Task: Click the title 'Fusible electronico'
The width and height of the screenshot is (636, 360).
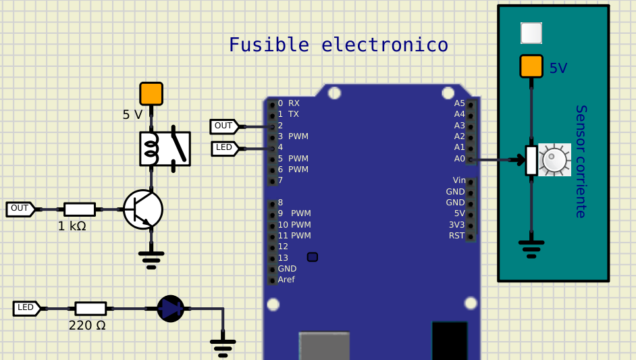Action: pyautogui.click(x=338, y=45)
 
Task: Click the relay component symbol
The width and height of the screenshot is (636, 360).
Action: pyautogui.click(x=165, y=149)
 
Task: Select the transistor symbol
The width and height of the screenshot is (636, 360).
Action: pyautogui.click(x=143, y=209)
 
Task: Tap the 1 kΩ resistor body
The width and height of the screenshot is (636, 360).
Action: pyautogui.click(x=80, y=209)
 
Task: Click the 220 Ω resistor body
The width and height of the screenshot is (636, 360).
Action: pyautogui.click(x=90, y=309)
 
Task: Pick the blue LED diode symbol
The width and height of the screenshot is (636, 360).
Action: pyautogui.click(x=171, y=309)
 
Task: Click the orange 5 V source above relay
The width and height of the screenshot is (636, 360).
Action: pyautogui.click(x=151, y=94)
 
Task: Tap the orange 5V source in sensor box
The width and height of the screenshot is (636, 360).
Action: pyautogui.click(x=531, y=66)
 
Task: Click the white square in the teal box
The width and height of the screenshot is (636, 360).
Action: pyautogui.click(x=531, y=32)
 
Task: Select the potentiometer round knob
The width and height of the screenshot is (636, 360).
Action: pyautogui.click(x=554, y=160)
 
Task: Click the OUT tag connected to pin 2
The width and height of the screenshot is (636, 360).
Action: pyautogui.click(x=223, y=126)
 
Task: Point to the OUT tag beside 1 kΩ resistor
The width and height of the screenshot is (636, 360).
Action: pyautogui.click(x=20, y=209)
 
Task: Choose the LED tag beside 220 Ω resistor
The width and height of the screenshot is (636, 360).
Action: pyautogui.click(x=26, y=308)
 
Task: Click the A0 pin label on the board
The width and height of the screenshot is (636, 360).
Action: pyautogui.click(x=460, y=159)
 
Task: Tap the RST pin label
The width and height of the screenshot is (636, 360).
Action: pyautogui.click(x=457, y=236)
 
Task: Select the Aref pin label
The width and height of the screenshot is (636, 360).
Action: pyautogui.click(x=286, y=280)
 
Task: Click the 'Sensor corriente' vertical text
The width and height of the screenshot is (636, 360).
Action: pyautogui.click(x=581, y=161)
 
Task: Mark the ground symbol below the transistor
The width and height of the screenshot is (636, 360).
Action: pyautogui.click(x=151, y=259)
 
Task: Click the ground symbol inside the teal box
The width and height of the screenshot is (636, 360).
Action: pyautogui.click(x=531, y=249)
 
